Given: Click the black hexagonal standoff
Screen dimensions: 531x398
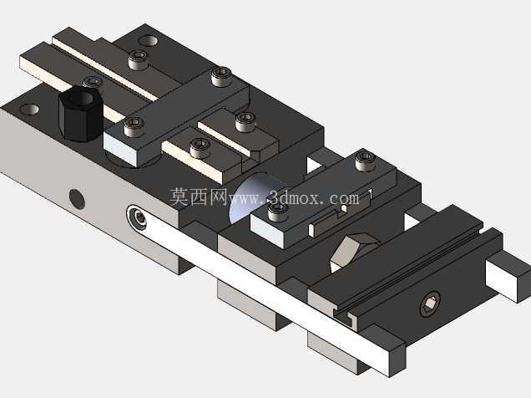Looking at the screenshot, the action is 81,113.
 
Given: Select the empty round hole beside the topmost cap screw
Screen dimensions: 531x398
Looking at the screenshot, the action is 149,41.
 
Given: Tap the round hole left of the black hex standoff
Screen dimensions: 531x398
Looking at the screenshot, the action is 30,110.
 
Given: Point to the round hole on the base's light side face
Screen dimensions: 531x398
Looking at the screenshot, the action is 77,199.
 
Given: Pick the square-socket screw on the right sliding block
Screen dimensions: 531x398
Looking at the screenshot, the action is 430,303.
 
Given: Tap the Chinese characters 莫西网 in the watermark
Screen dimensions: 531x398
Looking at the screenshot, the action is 198,197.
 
